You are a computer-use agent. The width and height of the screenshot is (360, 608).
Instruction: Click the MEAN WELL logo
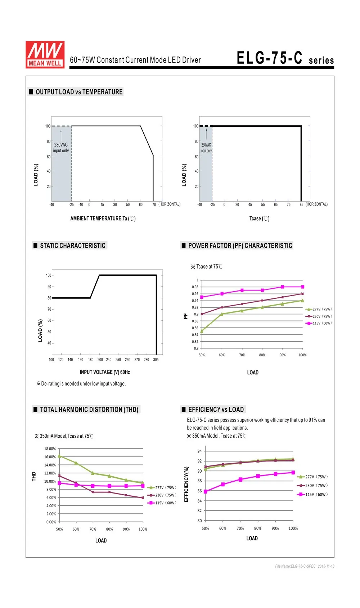[45, 55]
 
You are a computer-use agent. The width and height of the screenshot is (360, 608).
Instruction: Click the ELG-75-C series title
[285, 58]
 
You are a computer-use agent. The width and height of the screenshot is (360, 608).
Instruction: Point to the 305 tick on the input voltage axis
[156, 360]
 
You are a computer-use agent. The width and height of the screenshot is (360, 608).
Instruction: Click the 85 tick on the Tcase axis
[301, 205]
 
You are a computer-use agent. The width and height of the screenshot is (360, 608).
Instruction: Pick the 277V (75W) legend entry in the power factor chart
[319, 309]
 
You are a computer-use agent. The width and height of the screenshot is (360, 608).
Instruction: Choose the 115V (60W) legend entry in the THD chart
[162, 503]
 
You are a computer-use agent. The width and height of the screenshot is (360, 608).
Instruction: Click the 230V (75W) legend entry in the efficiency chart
[312, 485]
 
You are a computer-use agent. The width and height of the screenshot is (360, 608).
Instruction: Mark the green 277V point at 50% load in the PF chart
[202, 331]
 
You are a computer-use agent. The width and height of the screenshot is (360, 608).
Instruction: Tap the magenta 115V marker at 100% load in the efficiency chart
[293, 473]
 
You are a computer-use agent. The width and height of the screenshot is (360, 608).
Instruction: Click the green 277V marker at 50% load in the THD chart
[59, 456]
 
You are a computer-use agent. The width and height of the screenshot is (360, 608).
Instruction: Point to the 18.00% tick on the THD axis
[50, 449]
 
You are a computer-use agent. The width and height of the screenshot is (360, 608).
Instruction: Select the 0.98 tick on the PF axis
[195, 287]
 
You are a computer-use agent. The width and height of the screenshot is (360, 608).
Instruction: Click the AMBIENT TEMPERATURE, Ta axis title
[103, 219]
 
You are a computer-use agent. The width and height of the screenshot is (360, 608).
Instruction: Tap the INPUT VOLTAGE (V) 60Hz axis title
[105, 372]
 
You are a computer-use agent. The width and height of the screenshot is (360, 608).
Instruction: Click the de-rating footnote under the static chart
[81, 383]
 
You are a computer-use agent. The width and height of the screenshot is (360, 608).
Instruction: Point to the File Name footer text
[305, 566]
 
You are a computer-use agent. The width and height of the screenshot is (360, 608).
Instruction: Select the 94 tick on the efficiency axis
[199, 451]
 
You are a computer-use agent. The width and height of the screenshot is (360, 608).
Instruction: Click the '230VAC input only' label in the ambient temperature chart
[61, 148]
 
